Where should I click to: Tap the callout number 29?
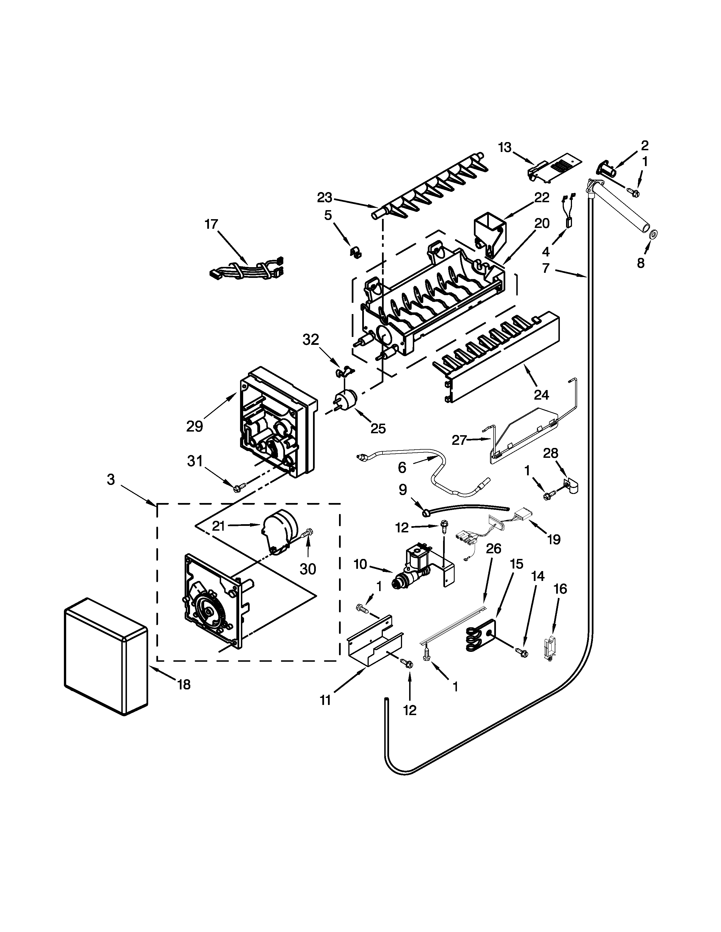pyautogui.click(x=194, y=426)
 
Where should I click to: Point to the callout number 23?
pyautogui.click(x=324, y=198)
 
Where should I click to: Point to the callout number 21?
pyautogui.click(x=219, y=526)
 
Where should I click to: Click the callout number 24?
pyautogui.click(x=541, y=395)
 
